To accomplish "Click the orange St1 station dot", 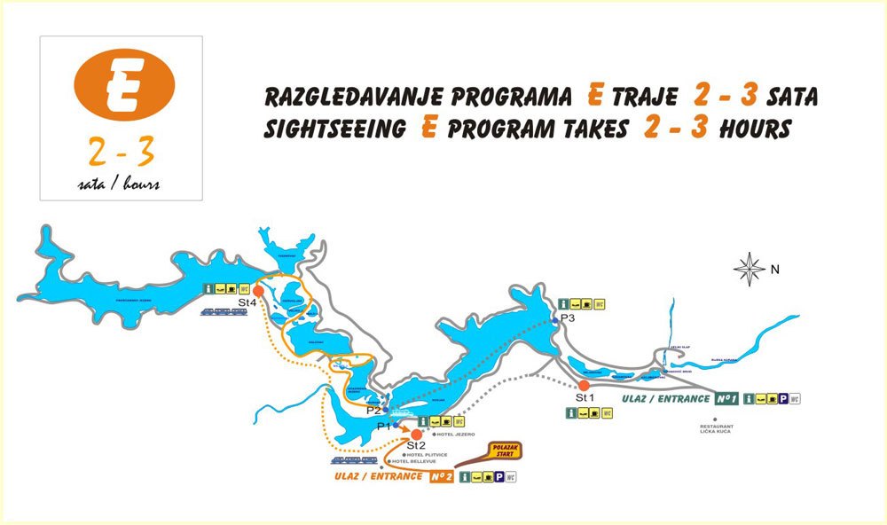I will click(x=584, y=385).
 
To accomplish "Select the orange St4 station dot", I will click(x=258, y=290).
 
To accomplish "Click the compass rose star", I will click(x=750, y=268).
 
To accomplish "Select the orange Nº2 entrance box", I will click(x=441, y=477).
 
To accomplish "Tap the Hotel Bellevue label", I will click(x=412, y=462).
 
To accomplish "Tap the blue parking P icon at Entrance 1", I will click(x=781, y=399).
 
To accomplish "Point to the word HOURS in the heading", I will click(x=755, y=129).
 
